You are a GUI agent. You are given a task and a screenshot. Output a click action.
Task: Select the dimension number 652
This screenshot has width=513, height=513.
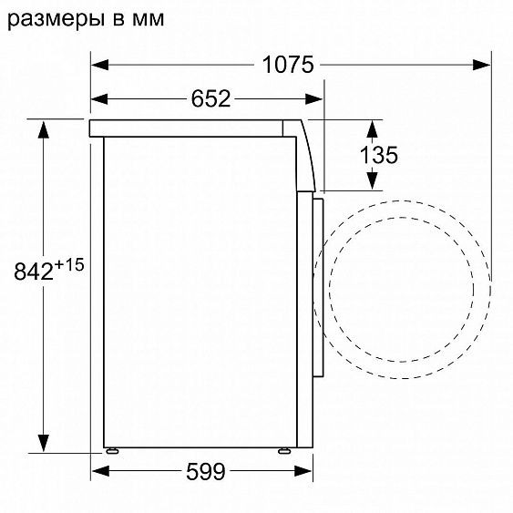click(210, 99)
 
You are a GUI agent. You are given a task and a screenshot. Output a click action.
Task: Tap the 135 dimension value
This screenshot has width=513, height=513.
click(378, 155)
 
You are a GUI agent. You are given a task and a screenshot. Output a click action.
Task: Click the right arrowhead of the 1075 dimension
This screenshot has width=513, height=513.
click(482, 65)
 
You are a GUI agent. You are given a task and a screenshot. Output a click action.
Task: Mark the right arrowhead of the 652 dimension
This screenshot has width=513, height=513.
click(316, 99)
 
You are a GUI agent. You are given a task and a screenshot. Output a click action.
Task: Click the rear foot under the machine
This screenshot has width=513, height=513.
click(111, 450)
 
